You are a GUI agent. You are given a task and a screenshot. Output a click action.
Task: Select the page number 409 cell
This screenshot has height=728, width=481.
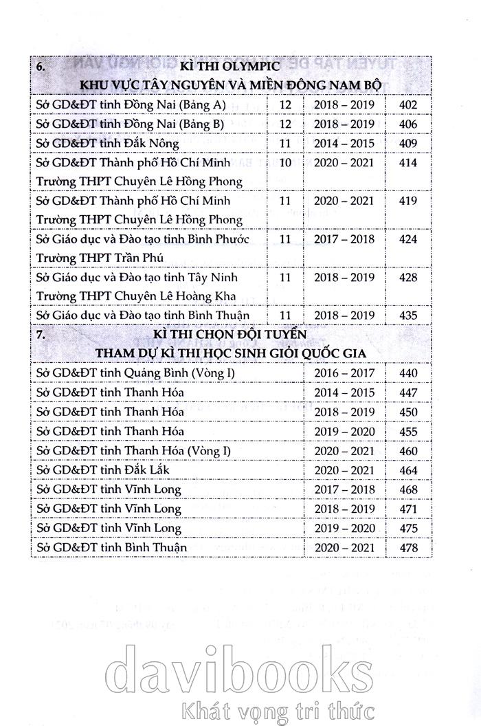(x=408, y=144)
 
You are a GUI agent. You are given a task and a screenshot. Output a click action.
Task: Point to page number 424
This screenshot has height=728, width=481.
(x=408, y=240)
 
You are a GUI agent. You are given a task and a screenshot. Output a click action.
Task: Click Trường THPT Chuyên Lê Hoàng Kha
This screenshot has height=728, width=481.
(x=135, y=296)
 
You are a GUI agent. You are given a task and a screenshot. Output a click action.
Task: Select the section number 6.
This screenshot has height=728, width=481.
(x=41, y=67)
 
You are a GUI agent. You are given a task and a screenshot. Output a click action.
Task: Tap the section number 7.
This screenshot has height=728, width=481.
(x=41, y=335)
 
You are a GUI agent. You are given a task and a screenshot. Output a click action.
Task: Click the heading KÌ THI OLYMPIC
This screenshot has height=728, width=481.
(x=227, y=67)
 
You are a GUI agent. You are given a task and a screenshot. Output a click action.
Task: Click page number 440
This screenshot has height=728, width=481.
(x=408, y=373)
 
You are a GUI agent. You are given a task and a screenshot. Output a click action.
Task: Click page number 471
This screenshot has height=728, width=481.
(x=408, y=509)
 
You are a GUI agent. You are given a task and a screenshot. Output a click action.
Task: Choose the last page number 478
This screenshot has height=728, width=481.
(x=408, y=547)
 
